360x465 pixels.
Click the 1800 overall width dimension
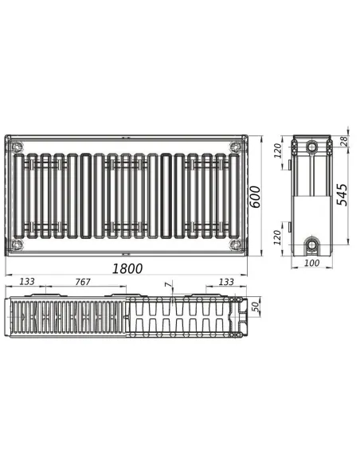coord(127,268)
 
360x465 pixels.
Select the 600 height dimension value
coord(256,195)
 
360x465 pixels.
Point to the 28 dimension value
coord(344,141)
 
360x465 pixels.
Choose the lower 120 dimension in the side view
coord(277,236)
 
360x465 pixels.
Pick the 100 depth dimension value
coord(311,262)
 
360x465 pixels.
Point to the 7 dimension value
coord(166,285)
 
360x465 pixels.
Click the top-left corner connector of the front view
coord(18,147)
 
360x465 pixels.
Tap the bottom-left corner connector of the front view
coord(18,244)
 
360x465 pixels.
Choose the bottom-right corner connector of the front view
coord(233,244)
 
